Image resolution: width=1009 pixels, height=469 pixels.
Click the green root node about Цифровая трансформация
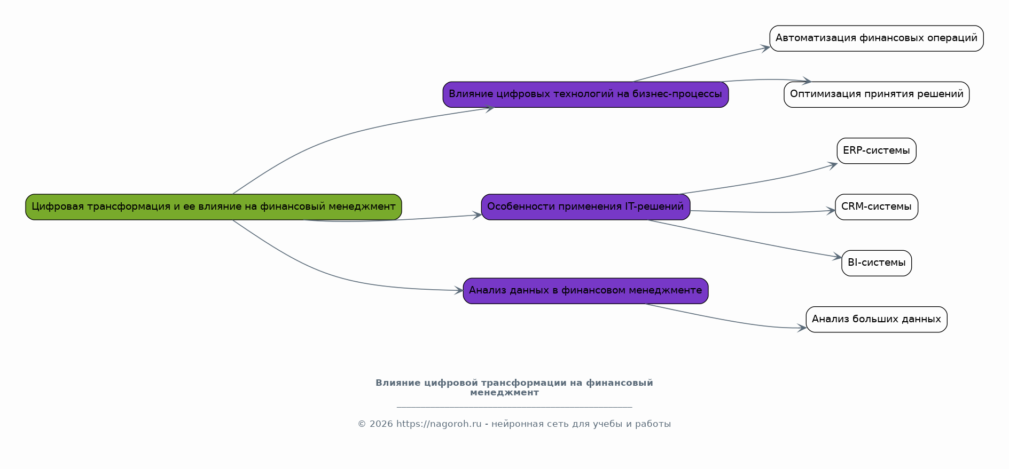coord(214,207)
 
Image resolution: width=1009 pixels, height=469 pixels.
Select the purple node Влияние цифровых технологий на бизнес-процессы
coord(585,94)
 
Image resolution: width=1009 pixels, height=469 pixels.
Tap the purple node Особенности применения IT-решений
coord(585,207)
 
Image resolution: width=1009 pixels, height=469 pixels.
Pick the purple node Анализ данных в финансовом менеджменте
coord(585,291)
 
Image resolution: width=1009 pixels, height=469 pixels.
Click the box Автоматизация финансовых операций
coord(877,38)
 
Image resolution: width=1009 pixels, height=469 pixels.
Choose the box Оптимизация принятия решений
coord(877,94)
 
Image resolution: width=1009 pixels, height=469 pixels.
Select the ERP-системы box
coord(877,151)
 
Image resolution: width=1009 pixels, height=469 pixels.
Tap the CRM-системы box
coord(877,207)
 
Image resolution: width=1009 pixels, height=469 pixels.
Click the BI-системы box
coord(877,263)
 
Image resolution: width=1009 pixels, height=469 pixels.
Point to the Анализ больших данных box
coord(877,320)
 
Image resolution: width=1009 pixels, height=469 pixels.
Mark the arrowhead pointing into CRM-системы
coord(831,211)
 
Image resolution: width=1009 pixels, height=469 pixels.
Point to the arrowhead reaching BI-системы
coord(838,257)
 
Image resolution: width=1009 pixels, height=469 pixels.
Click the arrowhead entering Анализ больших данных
coord(802,328)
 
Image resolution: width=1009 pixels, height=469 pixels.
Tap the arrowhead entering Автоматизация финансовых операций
coord(765,48)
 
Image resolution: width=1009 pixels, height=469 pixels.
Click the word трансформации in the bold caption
coord(523,383)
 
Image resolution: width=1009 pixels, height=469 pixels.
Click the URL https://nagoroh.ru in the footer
coord(439,424)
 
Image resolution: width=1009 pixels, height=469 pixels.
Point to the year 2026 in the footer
coord(381,424)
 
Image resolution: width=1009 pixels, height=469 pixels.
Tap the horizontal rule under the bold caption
coord(514,407)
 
